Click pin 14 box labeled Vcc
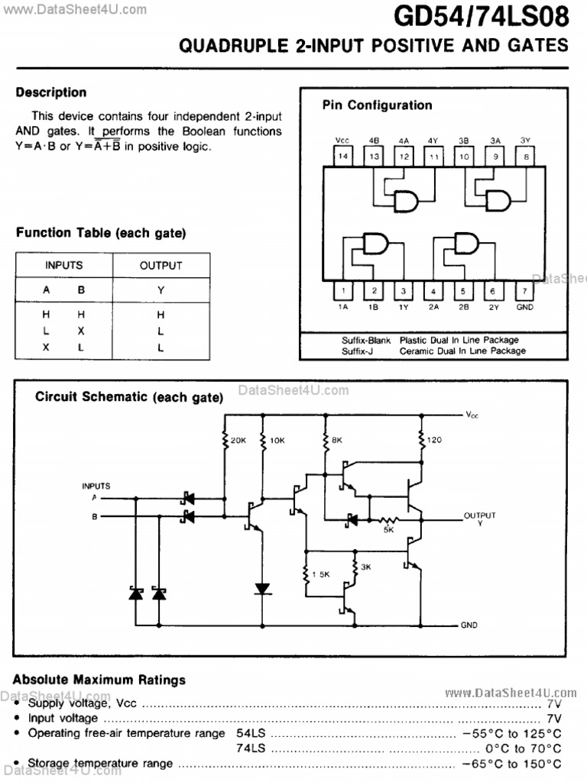pyautogui.click(x=343, y=157)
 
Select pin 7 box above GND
pyautogui.click(x=524, y=291)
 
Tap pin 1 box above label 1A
pyautogui.click(x=343, y=291)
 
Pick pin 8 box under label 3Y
pyautogui.click(x=524, y=157)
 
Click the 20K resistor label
pyautogui.click(x=238, y=441)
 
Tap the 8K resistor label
pyautogui.click(x=337, y=441)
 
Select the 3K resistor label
pyautogui.click(x=366, y=567)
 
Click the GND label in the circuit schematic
pyautogui.click(x=469, y=625)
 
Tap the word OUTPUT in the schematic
pyautogui.click(x=480, y=515)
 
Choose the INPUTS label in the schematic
pyautogui.click(x=96, y=486)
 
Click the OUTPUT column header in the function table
pyautogui.click(x=161, y=266)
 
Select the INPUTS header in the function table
pyautogui.click(x=64, y=266)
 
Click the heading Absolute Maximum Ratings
pyautogui.click(x=99, y=680)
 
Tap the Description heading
pyautogui.click(x=51, y=92)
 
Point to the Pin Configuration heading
pyautogui.click(x=377, y=105)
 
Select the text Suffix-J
pyautogui.click(x=357, y=351)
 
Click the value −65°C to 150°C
pyautogui.click(x=511, y=764)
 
